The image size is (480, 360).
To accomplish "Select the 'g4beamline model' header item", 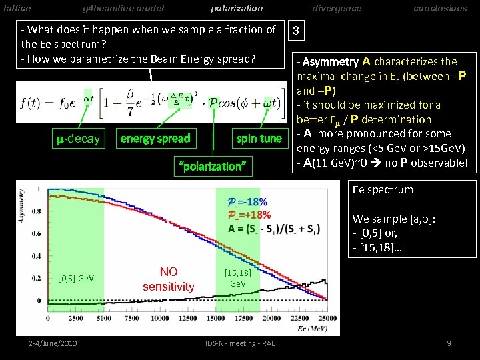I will click(x=123, y=8).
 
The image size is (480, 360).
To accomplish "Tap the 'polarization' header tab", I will click(x=237, y=8).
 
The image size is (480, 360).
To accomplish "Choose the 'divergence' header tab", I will click(x=337, y=8).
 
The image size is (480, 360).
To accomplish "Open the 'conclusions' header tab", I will click(x=440, y=8).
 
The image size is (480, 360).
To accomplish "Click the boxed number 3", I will click(x=297, y=31).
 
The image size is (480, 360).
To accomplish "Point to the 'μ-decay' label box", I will click(x=77, y=139).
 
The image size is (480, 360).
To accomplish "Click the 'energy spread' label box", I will click(x=155, y=138).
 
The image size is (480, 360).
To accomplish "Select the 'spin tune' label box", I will click(x=259, y=138).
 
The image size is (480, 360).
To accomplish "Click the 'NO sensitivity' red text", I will click(x=168, y=279).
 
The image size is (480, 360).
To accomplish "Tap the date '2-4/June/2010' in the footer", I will click(x=53, y=343).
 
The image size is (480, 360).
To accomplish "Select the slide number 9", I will click(x=449, y=343).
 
